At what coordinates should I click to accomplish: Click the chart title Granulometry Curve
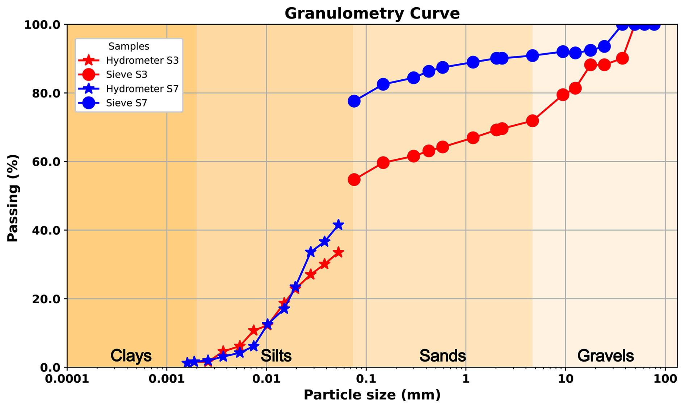[372, 13]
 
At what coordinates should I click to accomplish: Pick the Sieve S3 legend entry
[126, 75]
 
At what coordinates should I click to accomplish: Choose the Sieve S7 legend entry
[126, 103]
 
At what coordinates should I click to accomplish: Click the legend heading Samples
[129, 46]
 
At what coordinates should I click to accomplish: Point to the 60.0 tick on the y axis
[42, 162]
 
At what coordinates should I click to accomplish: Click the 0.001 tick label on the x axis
[167, 379]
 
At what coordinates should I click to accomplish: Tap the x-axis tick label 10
[565, 379]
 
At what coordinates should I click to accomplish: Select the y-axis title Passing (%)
[13, 198]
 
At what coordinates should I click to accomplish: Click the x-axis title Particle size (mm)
[372, 395]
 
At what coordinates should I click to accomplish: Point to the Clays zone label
[131, 356]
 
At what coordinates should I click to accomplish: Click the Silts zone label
[276, 356]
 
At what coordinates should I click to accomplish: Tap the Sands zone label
[442, 356]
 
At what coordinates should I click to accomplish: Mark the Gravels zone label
[605, 356]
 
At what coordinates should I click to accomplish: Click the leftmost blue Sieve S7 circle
[354, 101]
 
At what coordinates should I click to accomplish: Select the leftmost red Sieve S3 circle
[354, 180]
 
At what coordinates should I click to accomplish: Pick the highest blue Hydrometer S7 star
[338, 225]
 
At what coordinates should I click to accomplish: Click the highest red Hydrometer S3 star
[338, 252]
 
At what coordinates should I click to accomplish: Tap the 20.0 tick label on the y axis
[42, 299]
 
